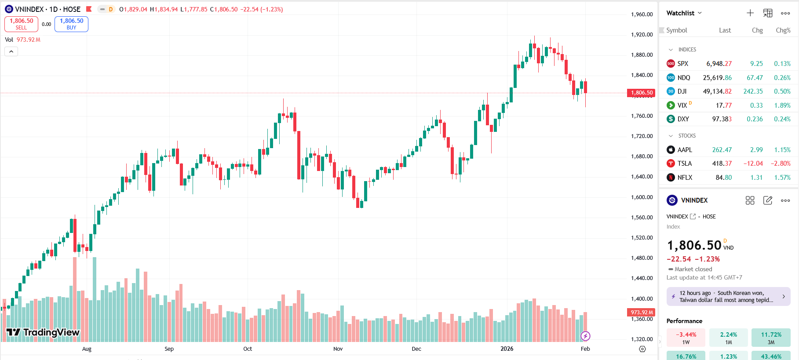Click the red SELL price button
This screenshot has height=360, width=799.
(21, 24)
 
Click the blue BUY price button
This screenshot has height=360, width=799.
(71, 24)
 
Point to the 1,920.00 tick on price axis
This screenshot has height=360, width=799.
(642, 35)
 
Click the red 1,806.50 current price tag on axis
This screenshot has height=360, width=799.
(641, 93)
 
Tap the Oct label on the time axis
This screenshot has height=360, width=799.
(248, 349)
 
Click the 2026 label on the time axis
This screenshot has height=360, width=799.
(507, 349)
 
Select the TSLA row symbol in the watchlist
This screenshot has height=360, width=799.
(684, 164)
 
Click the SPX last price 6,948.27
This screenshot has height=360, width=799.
(719, 64)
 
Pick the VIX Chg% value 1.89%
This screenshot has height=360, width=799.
(782, 105)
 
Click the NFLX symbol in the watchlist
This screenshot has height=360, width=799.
(685, 178)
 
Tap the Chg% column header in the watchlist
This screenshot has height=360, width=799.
(783, 30)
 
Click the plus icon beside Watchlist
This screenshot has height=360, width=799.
(750, 13)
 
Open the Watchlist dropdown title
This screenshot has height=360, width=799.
(684, 13)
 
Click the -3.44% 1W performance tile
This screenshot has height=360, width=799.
(686, 338)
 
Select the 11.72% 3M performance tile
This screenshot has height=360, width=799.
(771, 338)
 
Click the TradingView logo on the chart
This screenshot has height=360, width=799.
(43, 332)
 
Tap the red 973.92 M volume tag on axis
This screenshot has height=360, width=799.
(641, 313)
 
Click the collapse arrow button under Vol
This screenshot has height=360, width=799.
(11, 51)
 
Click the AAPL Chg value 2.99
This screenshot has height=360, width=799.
(756, 150)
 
